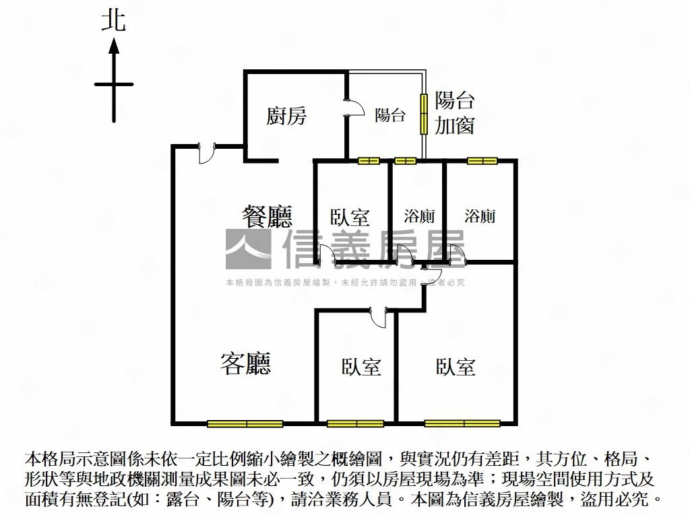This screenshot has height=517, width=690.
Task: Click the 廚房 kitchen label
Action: click(x=286, y=116)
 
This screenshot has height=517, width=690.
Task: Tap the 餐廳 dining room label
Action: click(x=268, y=216)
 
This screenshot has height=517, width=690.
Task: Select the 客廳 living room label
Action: click(x=246, y=364)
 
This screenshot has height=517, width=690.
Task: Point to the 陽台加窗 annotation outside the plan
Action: click(x=455, y=113)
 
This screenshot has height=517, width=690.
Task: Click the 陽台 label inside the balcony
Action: click(x=390, y=115)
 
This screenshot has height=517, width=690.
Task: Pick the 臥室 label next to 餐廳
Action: click(x=350, y=217)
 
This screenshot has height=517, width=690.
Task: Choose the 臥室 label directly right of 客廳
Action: click(x=361, y=367)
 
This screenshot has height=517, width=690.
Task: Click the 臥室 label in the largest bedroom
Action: click(x=456, y=367)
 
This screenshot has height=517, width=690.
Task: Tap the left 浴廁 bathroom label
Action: click(x=419, y=216)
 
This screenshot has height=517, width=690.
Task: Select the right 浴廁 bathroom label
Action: click(x=480, y=215)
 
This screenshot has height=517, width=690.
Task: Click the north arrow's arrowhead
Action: click(x=114, y=46)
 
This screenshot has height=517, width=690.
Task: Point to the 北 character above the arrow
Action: click(x=113, y=20)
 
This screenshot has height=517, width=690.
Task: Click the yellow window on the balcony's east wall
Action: click(x=424, y=114)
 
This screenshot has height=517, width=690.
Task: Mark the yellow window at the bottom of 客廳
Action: click(x=245, y=423)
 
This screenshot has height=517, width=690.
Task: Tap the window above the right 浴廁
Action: click(x=482, y=161)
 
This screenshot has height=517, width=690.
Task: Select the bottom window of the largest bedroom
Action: click(x=462, y=423)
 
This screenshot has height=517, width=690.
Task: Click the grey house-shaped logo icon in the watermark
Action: click(x=247, y=250)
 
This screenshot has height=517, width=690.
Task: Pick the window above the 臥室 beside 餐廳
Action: click(x=369, y=161)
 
